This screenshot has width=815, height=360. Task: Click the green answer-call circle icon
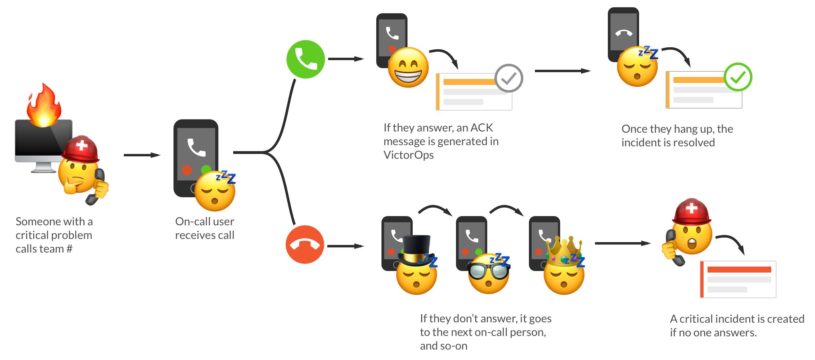[x=306, y=59]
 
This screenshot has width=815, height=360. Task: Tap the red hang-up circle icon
[x=305, y=245]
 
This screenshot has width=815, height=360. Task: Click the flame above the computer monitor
[x=44, y=106]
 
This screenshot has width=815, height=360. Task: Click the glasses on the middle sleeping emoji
[x=488, y=271]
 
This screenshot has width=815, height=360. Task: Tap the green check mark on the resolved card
[x=738, y=77]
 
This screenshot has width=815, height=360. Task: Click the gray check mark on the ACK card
[x=509, y=78]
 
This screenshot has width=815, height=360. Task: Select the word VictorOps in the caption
[x=408, y=155]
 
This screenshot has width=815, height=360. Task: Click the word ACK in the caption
[x=482, y=128]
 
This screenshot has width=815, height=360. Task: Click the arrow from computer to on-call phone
[x=142, y=155]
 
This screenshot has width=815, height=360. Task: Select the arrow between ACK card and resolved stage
[x=563, y=71]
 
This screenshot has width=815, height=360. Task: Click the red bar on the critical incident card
[x=739, y=269]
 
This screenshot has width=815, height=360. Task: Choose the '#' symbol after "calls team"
[x=69, y=249]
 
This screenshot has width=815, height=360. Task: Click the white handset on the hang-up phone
[x=623, y=33]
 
